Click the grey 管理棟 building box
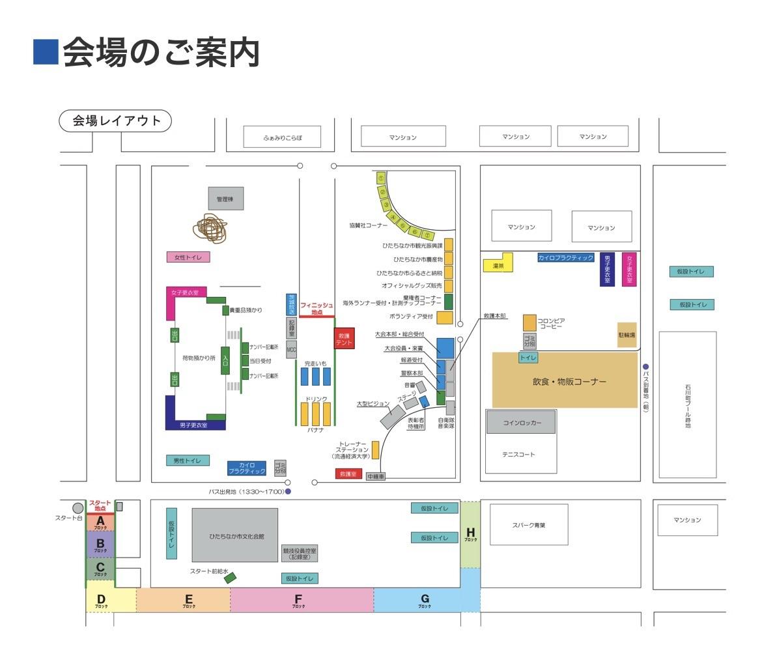pyautogui.click(x=226, y=199)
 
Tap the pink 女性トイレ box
pyautogui.click(x=188, y=257)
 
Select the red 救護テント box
pyautogui.click(x=344, y=338)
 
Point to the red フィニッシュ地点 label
pyautogui.click(x=317, y=308)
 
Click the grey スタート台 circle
pyautogui.click(x=78, y=507)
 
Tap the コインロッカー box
pyautogui.click(x=521, y=422)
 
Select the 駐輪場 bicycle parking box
pyautogui.click(x=627, y=334)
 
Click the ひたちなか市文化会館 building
pyautogui.click(x=234, y=535)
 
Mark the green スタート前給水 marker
pyautogui.click(x=230, y=577)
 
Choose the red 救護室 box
pyautogui.click(x=348, y=474)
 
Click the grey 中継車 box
pyautogui.click(x=376, y=477)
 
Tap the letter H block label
pyautogui.click(x=470, y=533)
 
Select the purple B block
pyautogui.click(x=100, y=544)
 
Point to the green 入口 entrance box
pyautogui.click(x=225, y=360)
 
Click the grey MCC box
pyautogui.click(x=291, y=350)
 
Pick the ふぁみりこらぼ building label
pyautogui.click(x=283, y=137)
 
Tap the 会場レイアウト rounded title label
pyautogui.click(x=115, y=121)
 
